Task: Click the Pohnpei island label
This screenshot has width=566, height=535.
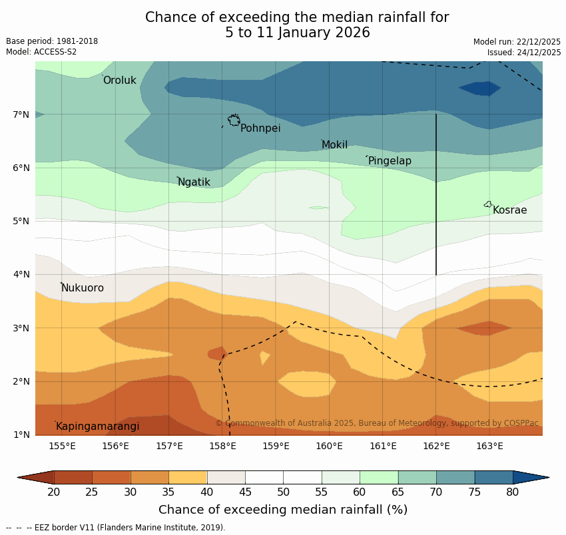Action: [x=260, y=128]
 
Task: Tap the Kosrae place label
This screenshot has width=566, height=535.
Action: [x=509, y=210]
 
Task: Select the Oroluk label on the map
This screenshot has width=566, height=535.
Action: [x=119, y=81]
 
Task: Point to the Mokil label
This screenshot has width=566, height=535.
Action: [x=334, y=145]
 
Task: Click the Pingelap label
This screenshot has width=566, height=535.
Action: [x=390, y=161]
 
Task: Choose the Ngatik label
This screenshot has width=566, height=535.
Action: [x=194, y=182]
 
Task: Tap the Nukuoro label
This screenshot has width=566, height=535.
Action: [x=83, y=288]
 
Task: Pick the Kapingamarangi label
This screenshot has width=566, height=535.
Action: [x=97, y=427]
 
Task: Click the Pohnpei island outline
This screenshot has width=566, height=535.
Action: [x=234, y=120]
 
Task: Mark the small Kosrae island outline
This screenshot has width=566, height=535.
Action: [x=488, y=205]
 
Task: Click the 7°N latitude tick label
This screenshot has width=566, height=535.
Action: [x=21, y=114]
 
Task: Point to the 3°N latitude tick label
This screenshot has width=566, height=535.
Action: [x=21, y=328]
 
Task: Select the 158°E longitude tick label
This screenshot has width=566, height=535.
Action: [x=222, y=446]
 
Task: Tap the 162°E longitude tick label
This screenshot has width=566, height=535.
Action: [x=436, y=446]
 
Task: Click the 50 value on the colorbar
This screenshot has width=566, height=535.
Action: [x=283, y=492]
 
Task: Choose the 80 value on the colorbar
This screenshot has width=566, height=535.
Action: [x=513, y=492]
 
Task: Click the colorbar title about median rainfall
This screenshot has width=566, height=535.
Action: [x=283, y=510]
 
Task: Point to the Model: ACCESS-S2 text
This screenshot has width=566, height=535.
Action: [x=41, y=52]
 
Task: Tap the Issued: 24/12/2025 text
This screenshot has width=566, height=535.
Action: [x=524, y=53]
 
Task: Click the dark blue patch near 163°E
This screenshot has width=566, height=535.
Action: [x=479, y=89]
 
